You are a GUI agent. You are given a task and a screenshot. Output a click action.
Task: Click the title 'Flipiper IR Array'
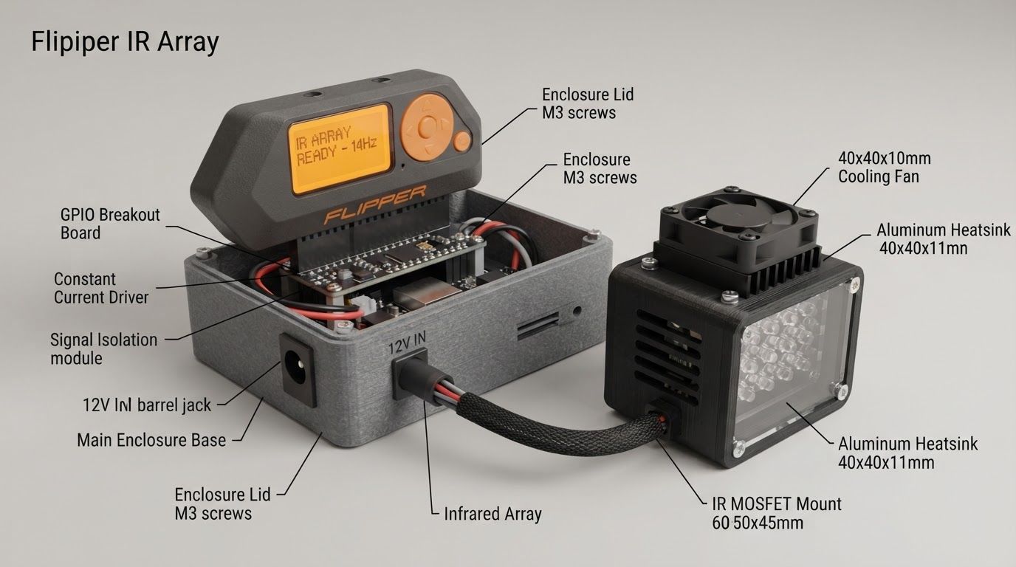click(x=126, y=42)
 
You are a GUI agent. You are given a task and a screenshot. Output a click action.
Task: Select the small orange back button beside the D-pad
click(x=462, y=141)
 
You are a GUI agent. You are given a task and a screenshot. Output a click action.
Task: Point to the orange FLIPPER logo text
click(x=375, y=205)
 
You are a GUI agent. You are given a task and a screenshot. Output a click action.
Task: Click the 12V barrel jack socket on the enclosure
click(x=298, y=369)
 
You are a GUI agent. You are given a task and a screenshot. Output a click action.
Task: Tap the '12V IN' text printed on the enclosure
click(x=408, y=343)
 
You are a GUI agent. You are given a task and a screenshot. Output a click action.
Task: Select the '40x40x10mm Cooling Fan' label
click(x=885, y=168)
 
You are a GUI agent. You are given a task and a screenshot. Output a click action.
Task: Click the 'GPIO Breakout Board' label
click(x=110, y=224)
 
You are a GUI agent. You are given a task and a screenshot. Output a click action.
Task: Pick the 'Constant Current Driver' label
click(x=101, y=288)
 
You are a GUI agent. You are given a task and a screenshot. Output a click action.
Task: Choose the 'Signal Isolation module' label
click(x=103, y=348)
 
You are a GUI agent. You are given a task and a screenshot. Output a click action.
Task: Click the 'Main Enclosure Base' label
click(x=151, y=440)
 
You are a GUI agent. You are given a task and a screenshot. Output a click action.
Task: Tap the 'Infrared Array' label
click(x=492, y=514)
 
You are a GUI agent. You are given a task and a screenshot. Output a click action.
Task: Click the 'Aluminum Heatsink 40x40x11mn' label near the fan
click(x=944, y=239)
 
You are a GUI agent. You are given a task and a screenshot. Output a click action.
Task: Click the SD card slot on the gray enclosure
click(x=538, y=326)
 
